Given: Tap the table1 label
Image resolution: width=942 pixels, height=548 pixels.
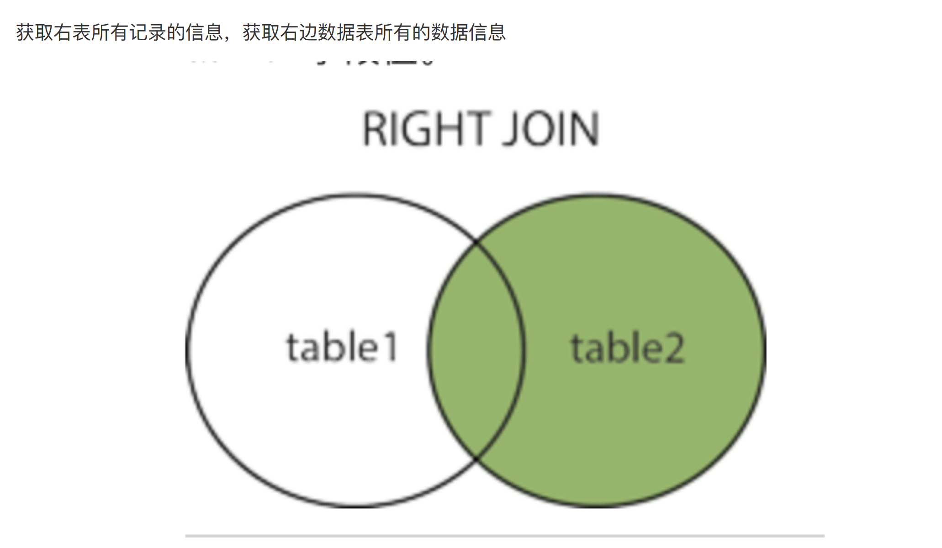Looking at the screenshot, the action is (341, 348).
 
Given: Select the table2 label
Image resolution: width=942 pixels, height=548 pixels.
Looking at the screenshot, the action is (627, 348).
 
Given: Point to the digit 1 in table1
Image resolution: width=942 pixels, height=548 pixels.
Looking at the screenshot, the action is (390, 348).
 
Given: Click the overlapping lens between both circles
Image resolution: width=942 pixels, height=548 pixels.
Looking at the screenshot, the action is (476, 349).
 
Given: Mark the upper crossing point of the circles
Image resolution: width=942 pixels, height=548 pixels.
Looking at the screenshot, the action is (476, 241).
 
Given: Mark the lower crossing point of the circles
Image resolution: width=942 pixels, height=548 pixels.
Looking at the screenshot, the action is (476, 458).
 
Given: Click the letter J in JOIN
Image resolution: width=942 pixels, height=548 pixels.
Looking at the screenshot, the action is (510, 130).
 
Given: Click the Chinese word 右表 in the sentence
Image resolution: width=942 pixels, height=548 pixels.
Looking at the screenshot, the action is (63, 32).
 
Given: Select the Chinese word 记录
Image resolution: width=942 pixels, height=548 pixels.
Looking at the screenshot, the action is (138, 32).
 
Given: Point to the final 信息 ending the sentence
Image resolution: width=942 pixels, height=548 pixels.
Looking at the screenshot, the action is (487, 32).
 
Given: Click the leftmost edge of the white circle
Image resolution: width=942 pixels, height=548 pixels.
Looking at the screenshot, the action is (187, 350).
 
